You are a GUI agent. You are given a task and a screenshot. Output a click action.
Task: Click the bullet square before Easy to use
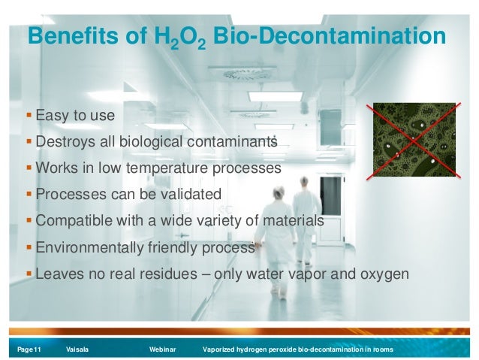[29, 115]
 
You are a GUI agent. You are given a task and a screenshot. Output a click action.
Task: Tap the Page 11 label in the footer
[25, 349]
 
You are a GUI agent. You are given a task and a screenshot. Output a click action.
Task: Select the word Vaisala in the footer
[77, 349]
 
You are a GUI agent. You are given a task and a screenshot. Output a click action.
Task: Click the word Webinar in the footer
[162, 349]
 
